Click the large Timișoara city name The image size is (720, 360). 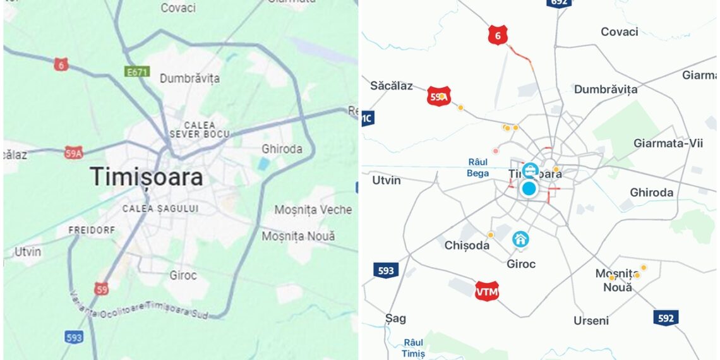pyautogui.click(x=147, y=177)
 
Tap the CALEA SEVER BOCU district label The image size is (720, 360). pyautogui.click(x=200, y=129)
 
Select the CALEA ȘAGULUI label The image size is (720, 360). pyautogui.click(x=160, y=208)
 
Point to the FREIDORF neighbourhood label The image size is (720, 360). pyautogui.click(x=92, y=230)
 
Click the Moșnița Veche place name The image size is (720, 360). pyautogui.click(x=313, y=210)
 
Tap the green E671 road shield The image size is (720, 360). pyautogui.click(x=136, y=72)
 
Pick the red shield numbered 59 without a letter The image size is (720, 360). pyautogui.click(x=102, y=289)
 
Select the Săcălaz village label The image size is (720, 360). pyautogui.click(x=392, y=85)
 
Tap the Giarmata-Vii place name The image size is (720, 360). pyautogui.click(x=668, y=143)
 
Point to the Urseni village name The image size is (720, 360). pyautogui.click(x=591, y=320)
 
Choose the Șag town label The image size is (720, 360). pyautogui.click(x=396, y=318)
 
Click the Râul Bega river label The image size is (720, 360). pyautogui.click(x=478, y=167)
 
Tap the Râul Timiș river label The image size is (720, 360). pyautogui.click(x=413, y=347)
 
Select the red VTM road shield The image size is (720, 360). pyautogui.click(x=487, y=292)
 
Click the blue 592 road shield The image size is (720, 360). pyautogui.click(x=666, y=318)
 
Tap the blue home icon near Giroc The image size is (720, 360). pyautogui.click(x=520, y=239)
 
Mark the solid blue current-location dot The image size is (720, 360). pyautogui.click(x=529, y=188)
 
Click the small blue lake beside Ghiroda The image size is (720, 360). pyautogui.click(x=263, y=164)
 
